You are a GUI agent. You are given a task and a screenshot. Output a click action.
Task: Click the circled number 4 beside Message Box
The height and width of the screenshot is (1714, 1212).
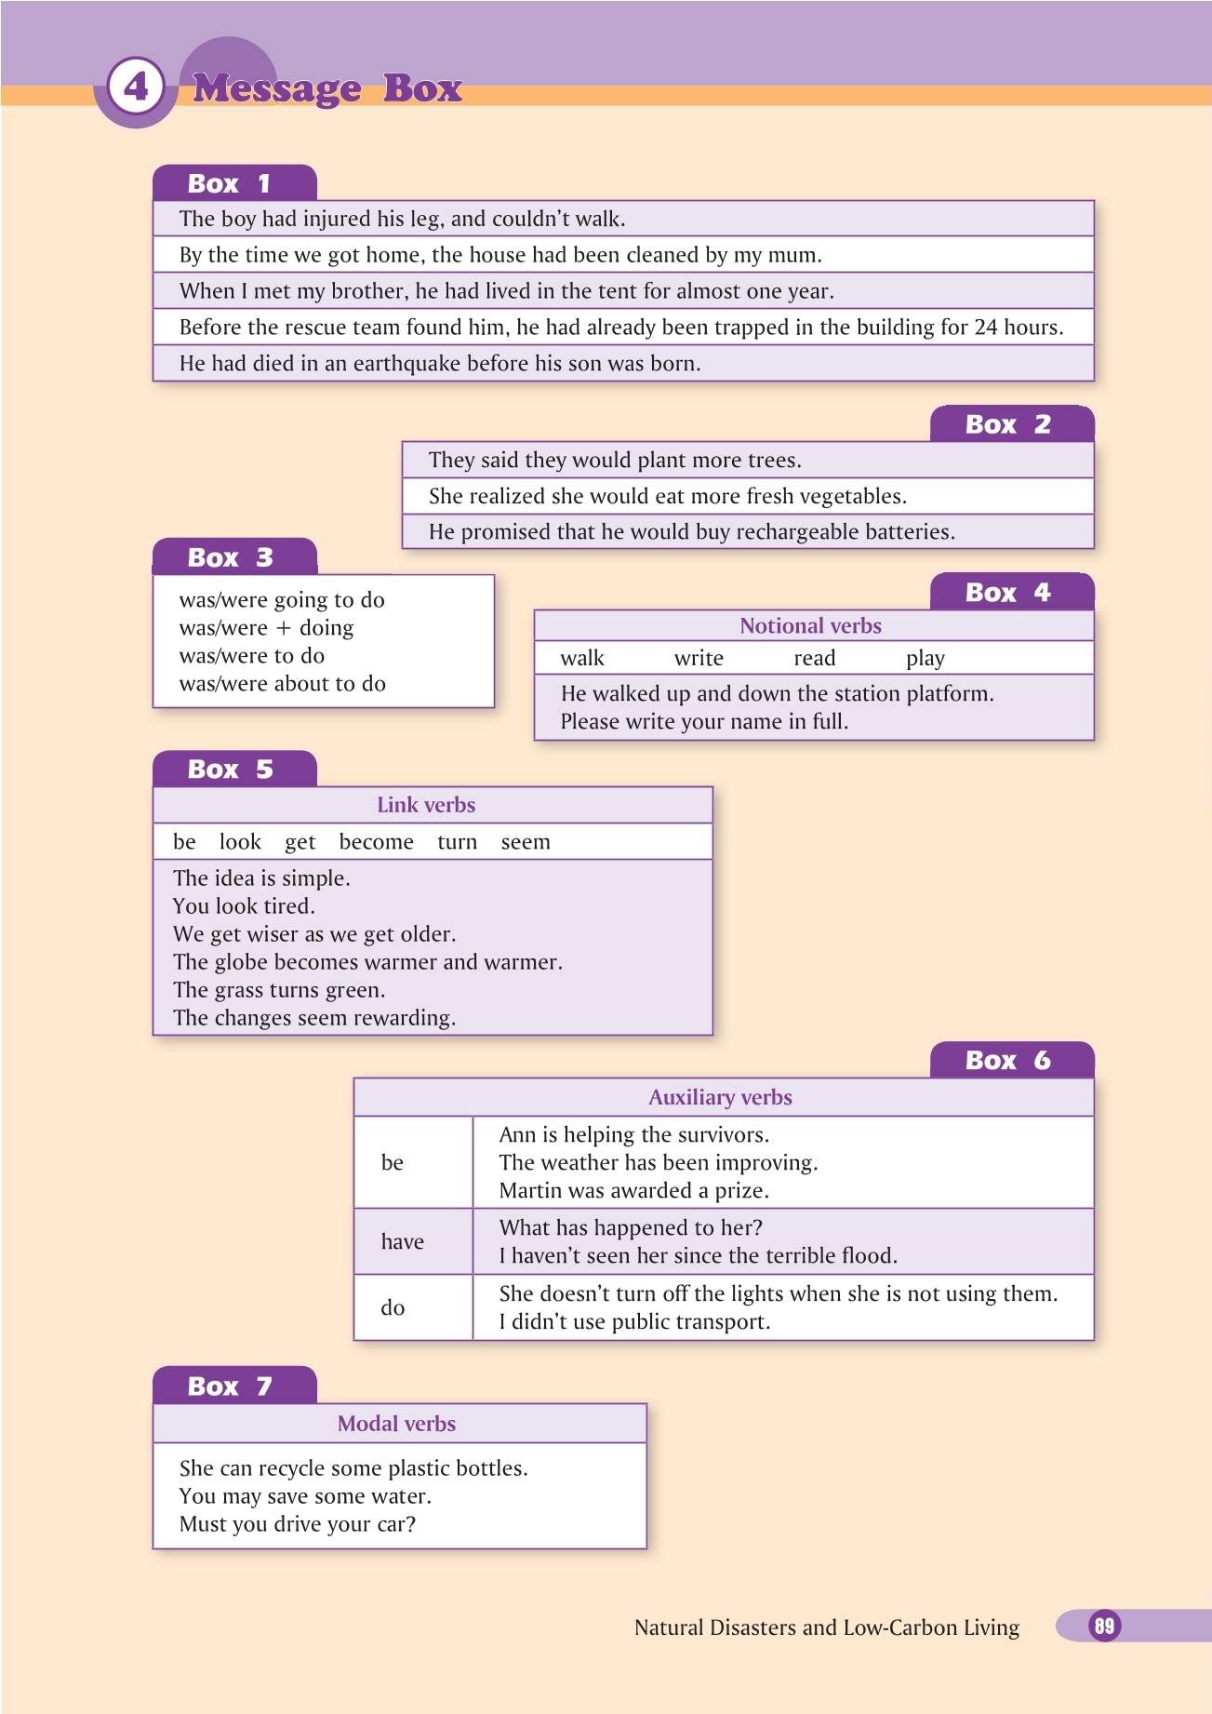point(136,87)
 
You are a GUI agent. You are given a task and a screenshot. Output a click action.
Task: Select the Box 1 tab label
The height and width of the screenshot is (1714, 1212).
point(230,183)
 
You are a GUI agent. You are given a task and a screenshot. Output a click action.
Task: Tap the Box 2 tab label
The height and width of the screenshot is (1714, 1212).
point(1008,424)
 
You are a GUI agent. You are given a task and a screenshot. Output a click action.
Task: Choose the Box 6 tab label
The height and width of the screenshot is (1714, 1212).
point(1008,1061)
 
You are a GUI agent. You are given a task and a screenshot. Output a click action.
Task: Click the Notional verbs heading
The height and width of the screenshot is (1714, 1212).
point(810,626)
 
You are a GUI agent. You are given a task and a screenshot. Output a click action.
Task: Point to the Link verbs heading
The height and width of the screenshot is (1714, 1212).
point(426,805)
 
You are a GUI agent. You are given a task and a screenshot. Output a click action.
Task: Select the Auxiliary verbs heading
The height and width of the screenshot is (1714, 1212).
point(720,1098)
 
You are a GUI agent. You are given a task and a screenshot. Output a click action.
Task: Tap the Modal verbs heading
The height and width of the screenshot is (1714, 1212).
point(396,1424)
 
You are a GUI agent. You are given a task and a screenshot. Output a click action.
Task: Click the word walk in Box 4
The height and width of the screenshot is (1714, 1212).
point(582,659)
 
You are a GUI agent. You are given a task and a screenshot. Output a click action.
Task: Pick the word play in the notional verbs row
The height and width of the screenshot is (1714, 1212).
point(926,659)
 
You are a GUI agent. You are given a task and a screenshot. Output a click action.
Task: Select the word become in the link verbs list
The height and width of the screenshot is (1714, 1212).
point(377,842)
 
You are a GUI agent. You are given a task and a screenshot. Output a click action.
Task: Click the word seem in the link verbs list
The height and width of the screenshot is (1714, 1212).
point(526,842)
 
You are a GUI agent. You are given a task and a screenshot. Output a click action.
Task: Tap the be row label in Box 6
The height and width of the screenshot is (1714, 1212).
point(393,1163)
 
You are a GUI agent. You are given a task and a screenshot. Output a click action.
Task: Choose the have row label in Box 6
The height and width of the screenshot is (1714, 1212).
point(402,1242)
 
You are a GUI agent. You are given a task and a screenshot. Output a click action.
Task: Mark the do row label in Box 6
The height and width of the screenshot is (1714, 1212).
point(393,1308)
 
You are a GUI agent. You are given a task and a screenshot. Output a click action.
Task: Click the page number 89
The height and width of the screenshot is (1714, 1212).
point(1104,1626)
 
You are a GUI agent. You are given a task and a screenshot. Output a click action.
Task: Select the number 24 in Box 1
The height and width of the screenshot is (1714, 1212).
point(986,328)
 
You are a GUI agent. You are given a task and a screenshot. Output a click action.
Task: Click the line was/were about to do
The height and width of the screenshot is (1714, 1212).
point(282,684)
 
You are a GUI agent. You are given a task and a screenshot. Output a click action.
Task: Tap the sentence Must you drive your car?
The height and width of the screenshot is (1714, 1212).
point(297,1524)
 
